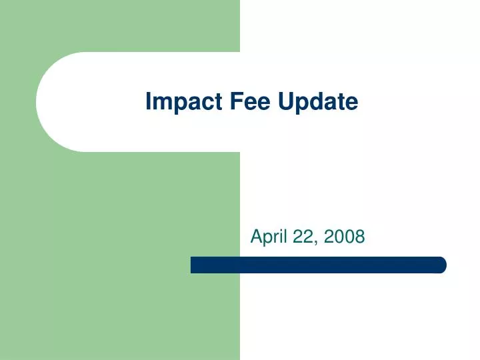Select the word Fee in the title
click(235, 101)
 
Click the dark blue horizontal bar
click(318, 265)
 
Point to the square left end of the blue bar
click(193, 265)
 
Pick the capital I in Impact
click(149, 101)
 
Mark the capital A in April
click(256, 236)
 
